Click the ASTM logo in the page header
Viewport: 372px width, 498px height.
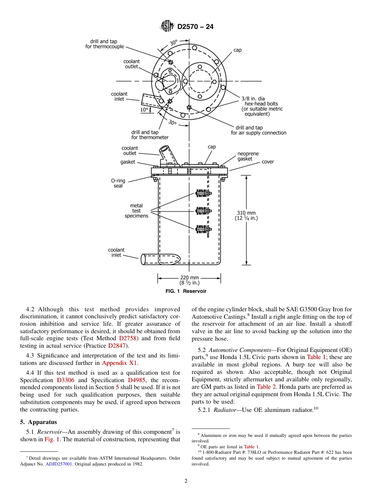(x=167, y=27)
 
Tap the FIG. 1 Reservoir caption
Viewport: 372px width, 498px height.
(x=186, y=291)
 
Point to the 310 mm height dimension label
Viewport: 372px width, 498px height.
(x=246, y=216)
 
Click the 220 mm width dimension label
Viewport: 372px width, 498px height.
(x=189, y=280)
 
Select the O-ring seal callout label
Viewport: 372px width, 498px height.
(x=118, y=183)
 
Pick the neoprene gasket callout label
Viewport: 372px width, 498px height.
(x=248, y=157)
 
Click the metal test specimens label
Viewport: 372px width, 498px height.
(x=136, y=211)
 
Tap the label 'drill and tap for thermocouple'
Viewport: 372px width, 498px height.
(x=105, y=44)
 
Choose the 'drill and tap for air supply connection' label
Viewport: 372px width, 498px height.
(x=258, y=130)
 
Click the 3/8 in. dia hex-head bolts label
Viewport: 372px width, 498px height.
(x=260, y=106)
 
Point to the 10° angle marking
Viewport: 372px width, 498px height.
(x=144, y=110)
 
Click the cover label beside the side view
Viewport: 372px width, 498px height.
(x=268, y=162)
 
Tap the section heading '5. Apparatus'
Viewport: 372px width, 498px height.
(x=38, y=422)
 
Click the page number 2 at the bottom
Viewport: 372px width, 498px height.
(x=186, y=481)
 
